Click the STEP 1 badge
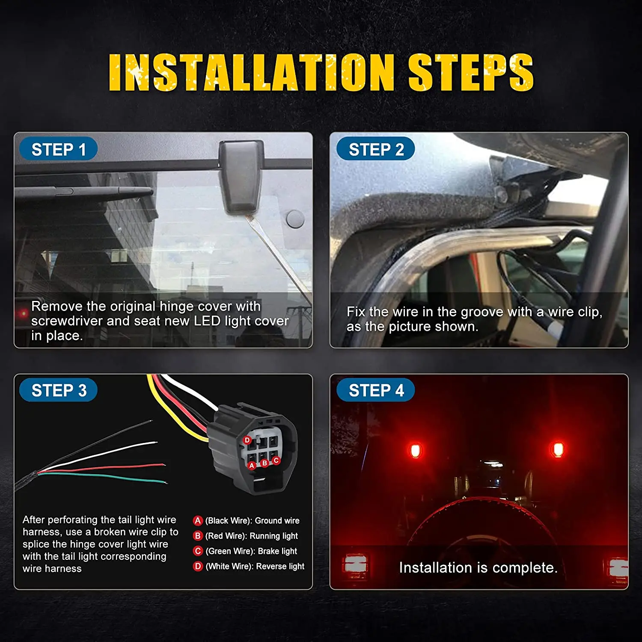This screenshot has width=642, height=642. click(x=59, y=149)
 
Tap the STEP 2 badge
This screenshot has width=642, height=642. click(x=376, y=149)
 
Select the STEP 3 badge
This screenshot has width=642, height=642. click(x=59, y=390)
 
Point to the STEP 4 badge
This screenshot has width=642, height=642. click(x=376, y=390)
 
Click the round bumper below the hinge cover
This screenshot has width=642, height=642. click(x=295, y=219)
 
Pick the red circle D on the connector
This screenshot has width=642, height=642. click(x=247, y=440)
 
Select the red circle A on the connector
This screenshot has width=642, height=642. click(x=252, y=465)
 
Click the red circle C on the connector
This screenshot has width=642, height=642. click(x=276, y=460)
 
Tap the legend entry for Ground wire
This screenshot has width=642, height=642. click(x=246, y=520)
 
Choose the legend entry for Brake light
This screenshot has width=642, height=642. click(x=245, y=551)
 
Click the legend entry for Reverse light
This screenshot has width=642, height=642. click(x=249, y=566)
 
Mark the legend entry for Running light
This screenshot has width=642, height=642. click(x=246, y=536)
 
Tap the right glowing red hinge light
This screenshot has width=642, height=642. click(x=557, y=450)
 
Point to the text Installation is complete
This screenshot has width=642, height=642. click(x=478, y=568)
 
